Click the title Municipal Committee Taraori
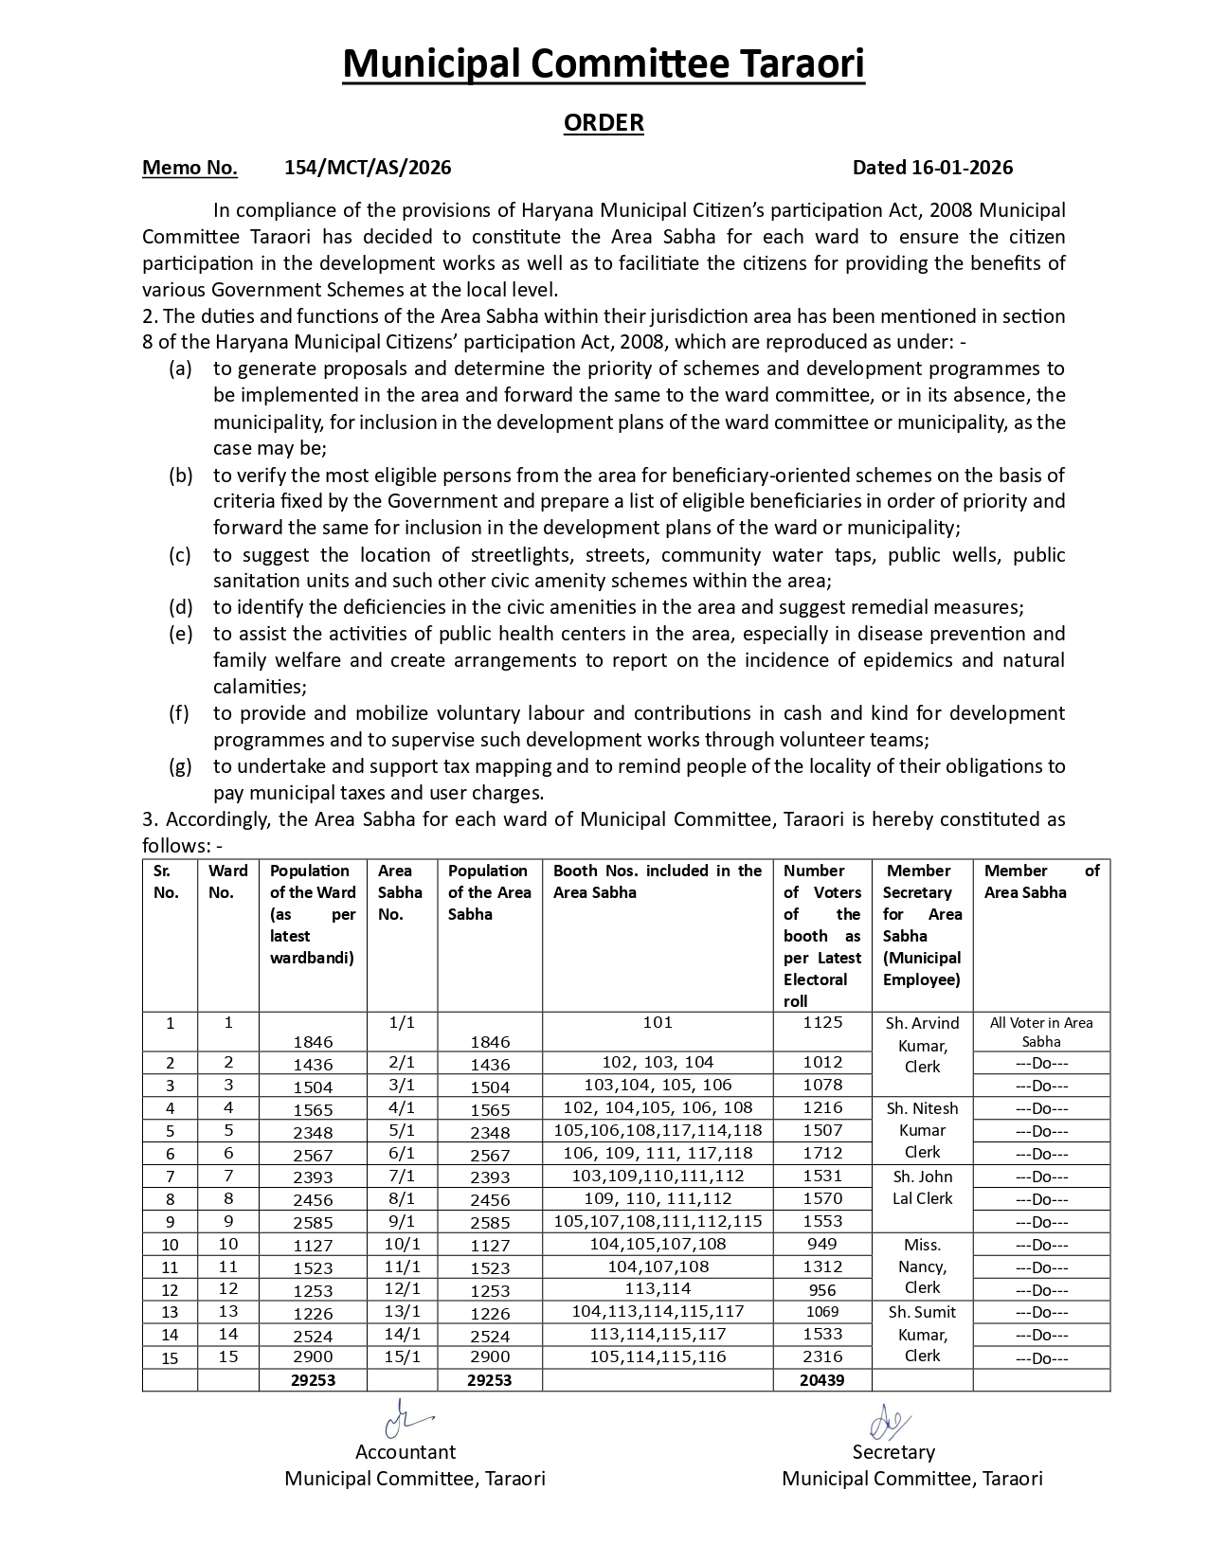pyautogui.click(x=604, y=64)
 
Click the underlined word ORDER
pyautogui.click(x=604, y=122)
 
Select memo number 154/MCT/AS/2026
pyautogui.click(x=368, y=168)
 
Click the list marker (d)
pyautogui.click(x=180, y=607)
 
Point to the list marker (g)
pyautogui.click(x=180, y=766)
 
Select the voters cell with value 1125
pyautogui.click(x=821, y=1022)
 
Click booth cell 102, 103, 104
pyautogui.click(x=658, y=1062)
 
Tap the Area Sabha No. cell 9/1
pyautogui.click(x=402, y=1221)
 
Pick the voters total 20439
pyautogui.click(x=820, y=1380)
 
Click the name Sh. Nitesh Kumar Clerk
pyautogui.click(x=922, y=1130)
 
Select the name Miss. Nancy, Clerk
pyautogui.click(x=922, y=1267)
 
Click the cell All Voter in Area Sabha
pyautogui.click(x=1040, y=1032)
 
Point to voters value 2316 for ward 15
pyautogui.click(x=821, y=1356)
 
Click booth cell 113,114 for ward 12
pyautogui.click(x=658, y=1288)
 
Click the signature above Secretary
pyautogui.click(x=890, y=1422)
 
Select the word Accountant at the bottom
pyautogui.click(x=405, y=1452)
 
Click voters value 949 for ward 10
pyautogui.click(x=821, y=1244)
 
